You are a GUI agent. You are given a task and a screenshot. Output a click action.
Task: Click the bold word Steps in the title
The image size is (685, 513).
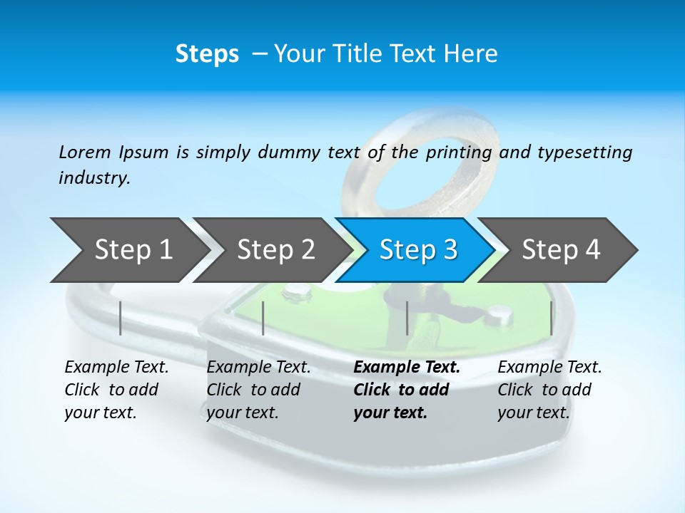tap(207, 54)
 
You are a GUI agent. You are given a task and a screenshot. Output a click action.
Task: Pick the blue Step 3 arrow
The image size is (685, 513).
tap(418, 249)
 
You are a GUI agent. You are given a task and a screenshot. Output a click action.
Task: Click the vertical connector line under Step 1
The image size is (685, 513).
tap(121, 318)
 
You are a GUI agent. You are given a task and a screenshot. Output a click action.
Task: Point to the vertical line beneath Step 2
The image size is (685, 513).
tap(263, 318)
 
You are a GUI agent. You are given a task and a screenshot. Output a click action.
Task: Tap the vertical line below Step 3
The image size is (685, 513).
tap(407, 318)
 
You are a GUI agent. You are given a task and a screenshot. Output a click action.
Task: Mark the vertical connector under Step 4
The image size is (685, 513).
tap(552, 318)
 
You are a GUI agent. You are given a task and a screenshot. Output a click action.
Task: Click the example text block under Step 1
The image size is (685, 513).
tap(116, 390)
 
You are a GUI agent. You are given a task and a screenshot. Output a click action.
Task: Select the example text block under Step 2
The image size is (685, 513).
tap(258, 390)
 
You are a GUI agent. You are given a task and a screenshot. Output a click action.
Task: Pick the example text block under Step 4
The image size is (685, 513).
tap(549, 390)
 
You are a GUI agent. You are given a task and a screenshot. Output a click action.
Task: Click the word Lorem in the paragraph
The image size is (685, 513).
tap(84, 152)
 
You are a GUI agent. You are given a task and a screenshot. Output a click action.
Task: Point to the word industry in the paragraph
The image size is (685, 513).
tap(93, 178)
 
